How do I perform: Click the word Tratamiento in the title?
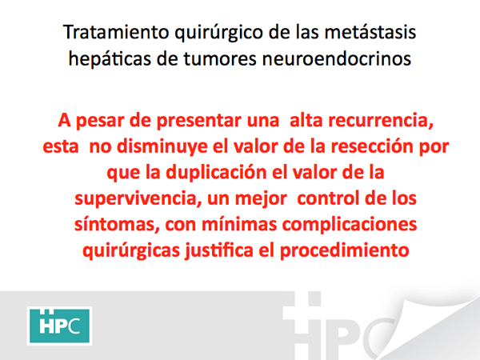tap(116, 32)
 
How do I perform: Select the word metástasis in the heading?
tap(370, 32)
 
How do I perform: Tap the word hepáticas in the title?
tap(110, 58)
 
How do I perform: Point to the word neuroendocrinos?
tap(337, 58)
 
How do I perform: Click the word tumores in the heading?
tap(220, 58)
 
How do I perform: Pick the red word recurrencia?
tap(381, 120)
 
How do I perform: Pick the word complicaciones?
tap(350, 225)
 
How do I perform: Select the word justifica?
tap(219, 250)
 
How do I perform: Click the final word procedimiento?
tap(344, 250)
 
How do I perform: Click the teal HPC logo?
tap(60, 326)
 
